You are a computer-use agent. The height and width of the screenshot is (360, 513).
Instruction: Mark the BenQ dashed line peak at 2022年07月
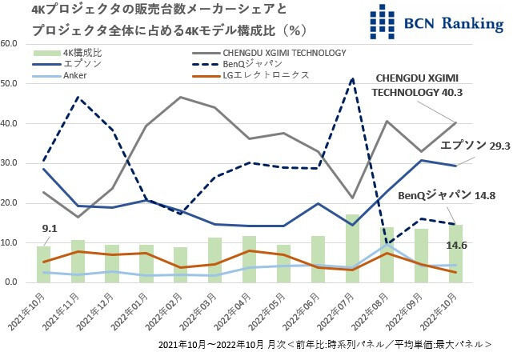353,78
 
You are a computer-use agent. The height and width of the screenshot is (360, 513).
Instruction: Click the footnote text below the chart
323,345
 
